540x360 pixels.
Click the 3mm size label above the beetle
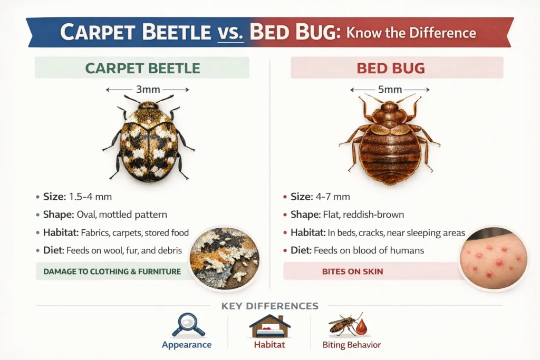pyautogui.click(x=148, y=90)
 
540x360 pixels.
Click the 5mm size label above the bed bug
pyautogui.click(x=390, y=90)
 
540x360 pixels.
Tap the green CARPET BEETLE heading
pyautogui.click(x=142, y=68)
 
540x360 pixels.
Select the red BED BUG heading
pyautogui.click(x=391, y=68)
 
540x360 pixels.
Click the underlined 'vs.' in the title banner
pyautogui.click(x=230, y=32)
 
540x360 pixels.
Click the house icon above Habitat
pyautogui.click(x=269, y=326)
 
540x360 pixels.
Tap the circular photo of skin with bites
pyautogui.click(x=494, y=259)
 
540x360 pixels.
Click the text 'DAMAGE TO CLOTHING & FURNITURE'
pyautogui.click(x=112, y=271)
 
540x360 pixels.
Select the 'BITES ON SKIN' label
pyautogui.click(x=352, y=271)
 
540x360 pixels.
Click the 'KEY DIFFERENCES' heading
pyautogui.click(x=269, y=306)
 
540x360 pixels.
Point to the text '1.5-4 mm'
pyautogui.click(x=90, y=197)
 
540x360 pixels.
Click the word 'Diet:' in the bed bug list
pyautogui.click(x=301, y=250)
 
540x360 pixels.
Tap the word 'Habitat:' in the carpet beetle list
pyautogui.click(x=61, y=232)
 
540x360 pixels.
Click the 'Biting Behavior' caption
pyautogui.click(x=352, y=345)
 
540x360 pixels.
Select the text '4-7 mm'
pyautogui.click(x=333, y=197)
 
